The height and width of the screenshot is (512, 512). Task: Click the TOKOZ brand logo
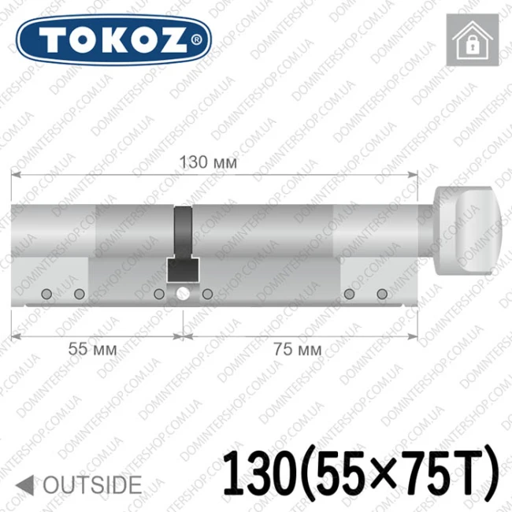click(113, 40)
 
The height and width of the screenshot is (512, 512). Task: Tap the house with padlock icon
click(473, 40)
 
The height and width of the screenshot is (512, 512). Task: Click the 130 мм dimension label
click(208, 162)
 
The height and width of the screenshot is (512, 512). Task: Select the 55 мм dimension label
click(92, 350)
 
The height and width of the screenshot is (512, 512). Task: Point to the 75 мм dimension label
click(297, 350)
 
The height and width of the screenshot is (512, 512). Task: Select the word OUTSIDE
click(92, 484)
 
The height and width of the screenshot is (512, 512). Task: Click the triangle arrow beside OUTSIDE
click(25, 484)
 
